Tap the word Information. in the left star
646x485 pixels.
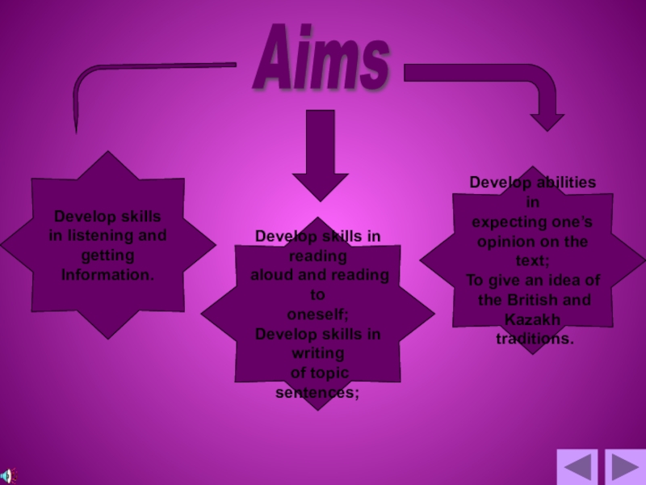107,275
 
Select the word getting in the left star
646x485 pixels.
107,255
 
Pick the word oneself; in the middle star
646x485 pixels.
317,314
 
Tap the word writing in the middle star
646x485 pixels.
317,353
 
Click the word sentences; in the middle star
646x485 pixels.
317,392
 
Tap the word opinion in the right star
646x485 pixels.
509,242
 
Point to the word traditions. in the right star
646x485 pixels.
535,339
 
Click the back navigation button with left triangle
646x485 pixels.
577,467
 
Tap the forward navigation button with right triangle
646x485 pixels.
625,467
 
